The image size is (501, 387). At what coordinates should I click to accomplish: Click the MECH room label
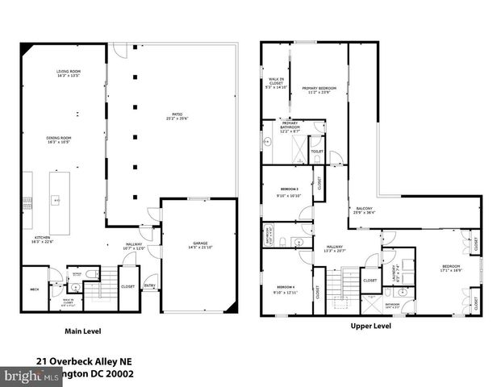(x=35, y=289)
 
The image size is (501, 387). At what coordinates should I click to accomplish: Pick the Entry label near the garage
(x=150, y=285)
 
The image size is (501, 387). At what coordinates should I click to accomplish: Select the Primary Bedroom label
(x=319, y=89)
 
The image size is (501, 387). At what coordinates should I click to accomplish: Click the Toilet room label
(x=316, y=151)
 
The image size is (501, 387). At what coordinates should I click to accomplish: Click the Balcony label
(x=364, y=210)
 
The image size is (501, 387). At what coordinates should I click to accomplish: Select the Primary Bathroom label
(x=290, y=126)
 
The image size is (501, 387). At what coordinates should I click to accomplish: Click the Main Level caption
(x=83, y=331)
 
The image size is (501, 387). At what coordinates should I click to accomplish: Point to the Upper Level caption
(x=370, y=327)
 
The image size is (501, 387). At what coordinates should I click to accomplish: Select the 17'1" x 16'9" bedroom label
(x=450, y=268)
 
